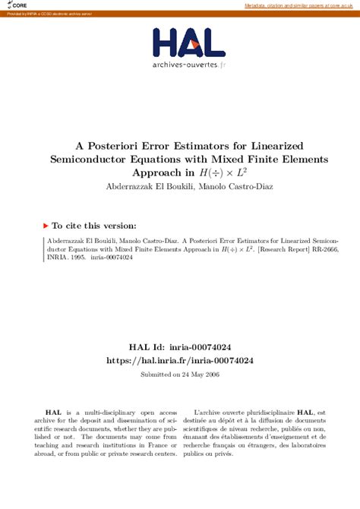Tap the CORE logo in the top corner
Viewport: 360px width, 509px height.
16,5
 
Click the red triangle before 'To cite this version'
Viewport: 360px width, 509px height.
46,226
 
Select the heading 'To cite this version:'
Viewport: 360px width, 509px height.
94,226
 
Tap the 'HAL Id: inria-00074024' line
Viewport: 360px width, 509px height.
179,346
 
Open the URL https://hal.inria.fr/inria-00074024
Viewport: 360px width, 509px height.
180,360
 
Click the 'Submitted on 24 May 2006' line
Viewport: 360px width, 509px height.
180,375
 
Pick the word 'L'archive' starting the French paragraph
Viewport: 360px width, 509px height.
210,410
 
